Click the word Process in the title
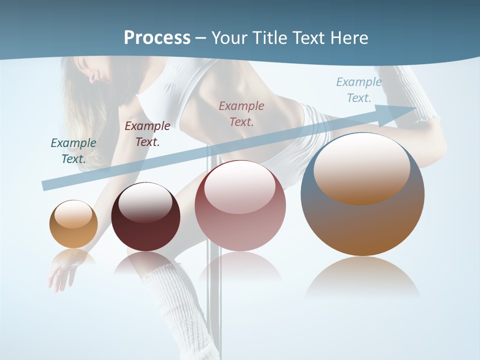(x=157, y=38)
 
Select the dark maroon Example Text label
(x=147, y=134)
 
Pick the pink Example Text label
(x=241, y=113)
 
